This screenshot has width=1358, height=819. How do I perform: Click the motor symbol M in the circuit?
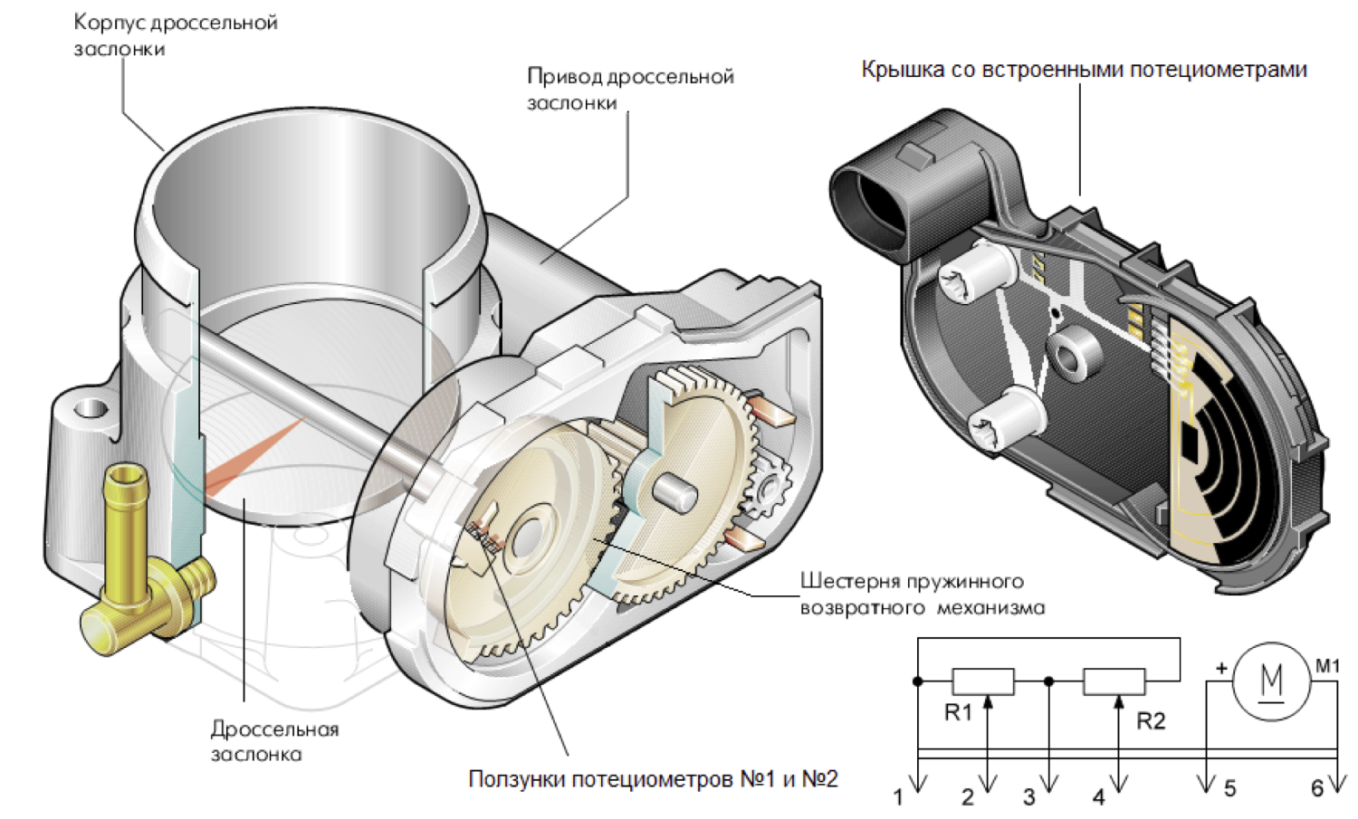1271,681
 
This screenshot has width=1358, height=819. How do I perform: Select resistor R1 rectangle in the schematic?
982,681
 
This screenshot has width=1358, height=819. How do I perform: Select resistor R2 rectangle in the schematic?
1114,681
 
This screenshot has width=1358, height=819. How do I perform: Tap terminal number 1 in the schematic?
899,797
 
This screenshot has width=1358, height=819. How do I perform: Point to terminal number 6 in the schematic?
1317,789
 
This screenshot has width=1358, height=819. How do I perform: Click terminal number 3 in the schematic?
1029,797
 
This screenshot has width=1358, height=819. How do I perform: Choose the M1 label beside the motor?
1327,666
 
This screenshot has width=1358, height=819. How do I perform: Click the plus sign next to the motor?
1221,669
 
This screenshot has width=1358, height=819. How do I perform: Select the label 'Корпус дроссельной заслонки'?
176,35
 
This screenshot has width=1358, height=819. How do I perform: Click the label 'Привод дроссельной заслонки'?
630,90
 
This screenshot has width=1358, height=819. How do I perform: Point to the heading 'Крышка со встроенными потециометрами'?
1084,70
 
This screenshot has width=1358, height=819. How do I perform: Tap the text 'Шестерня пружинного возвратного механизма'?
922,595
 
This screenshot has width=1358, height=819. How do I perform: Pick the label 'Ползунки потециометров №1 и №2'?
653,779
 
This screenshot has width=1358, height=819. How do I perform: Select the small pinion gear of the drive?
768,489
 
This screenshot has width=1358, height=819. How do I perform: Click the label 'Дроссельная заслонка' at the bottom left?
274,741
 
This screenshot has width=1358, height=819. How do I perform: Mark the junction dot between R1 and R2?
1049,681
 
